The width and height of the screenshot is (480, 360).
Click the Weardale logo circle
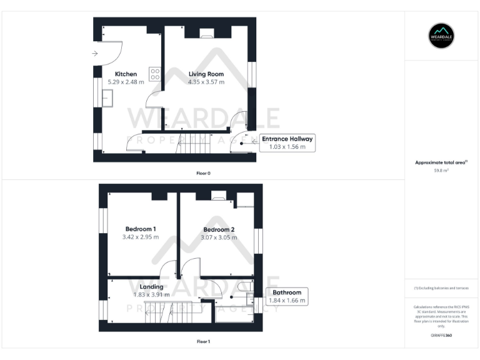coord(441,36)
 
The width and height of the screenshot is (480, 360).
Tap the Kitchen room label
coord(126,74)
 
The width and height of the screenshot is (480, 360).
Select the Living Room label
coord(206,74)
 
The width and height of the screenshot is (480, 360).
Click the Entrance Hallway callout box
coord(287,142)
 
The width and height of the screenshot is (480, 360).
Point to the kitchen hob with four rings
coord(154,74)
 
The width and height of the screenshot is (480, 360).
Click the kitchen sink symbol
coord(107,97)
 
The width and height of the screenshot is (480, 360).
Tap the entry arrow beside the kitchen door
coord(94,54)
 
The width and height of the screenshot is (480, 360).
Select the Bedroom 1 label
coord(141,229)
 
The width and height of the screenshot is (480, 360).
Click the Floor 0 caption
coord(203,172)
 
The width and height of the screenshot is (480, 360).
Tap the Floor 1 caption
coord(203,342)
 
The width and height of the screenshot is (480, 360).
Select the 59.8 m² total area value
coord(441,170)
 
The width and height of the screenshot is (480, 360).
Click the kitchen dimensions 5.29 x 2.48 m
coord(126,82)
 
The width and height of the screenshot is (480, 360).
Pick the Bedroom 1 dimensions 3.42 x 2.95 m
coord(141,237)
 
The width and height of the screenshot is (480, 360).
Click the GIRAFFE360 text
coord(441,336)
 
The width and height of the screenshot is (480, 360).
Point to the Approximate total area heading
coord(441,162)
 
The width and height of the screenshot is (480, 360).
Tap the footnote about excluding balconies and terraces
coord(441,287)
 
